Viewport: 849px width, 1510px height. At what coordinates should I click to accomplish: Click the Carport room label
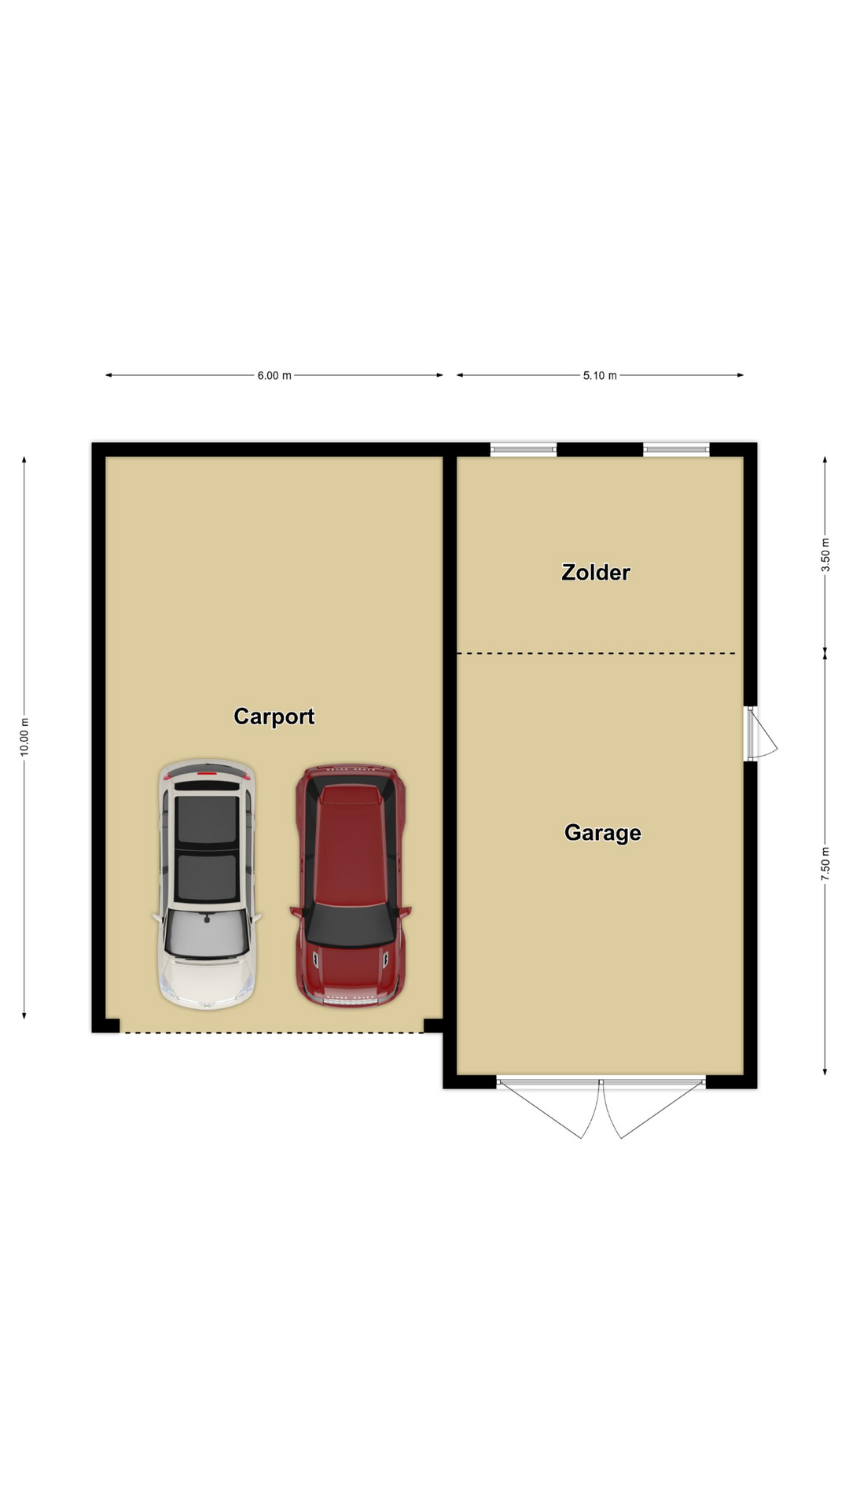274,716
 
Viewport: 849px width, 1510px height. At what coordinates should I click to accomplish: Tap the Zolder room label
595,572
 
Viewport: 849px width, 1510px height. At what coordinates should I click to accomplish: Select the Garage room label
602,833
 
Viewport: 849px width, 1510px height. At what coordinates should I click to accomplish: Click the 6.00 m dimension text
274,376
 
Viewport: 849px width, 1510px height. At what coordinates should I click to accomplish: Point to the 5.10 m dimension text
600,376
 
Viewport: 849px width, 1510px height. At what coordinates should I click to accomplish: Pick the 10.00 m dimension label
24,737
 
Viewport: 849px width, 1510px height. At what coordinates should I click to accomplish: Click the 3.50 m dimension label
825,554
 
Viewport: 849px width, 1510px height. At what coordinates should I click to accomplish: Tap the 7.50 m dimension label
825,864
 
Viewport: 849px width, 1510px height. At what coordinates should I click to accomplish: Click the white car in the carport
207,884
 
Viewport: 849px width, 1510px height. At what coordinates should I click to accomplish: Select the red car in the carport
351,886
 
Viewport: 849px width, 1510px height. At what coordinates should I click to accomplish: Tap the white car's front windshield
207,934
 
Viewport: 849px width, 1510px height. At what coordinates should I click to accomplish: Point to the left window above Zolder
524,450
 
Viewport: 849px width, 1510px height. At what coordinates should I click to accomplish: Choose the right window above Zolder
677,450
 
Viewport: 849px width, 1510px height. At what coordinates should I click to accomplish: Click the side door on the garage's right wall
759,733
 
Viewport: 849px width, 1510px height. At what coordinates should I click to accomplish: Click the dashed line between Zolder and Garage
597,654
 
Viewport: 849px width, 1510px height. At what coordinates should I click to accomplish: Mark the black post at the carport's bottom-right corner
433,1026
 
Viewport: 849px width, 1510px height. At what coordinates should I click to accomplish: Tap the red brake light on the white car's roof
207,775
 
